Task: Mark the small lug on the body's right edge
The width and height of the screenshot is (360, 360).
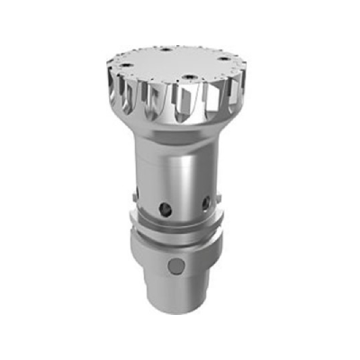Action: pos(219,191)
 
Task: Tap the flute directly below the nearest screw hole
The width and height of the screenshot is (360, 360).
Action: pos(186,103)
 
